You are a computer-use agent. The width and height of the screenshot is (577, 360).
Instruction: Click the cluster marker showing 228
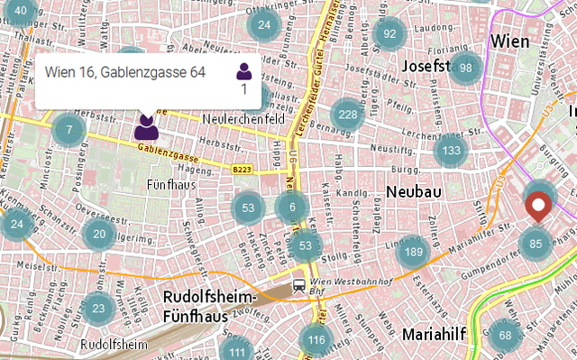(x=347, y=115)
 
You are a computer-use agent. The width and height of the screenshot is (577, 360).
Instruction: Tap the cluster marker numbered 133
(x=451, y=150)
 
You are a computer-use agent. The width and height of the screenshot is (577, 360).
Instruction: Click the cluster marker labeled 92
(x=389, y=34)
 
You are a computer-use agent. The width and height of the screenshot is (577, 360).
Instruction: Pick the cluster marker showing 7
(x=69, y=131)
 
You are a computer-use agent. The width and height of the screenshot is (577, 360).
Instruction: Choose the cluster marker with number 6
(x=291, y=208)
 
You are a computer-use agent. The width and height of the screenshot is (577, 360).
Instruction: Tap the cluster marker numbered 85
(x=536, y=243)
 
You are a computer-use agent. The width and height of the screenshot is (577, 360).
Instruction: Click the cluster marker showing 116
(x=316, y=340)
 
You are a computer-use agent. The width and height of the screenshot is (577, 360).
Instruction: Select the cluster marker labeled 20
(x=99, y=234)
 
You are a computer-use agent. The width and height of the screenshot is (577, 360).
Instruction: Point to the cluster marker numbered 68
(x=505, y=336)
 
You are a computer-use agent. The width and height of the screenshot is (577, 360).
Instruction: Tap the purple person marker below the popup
(x=147, y=126)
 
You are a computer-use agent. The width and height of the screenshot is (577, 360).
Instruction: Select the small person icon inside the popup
(x=243, y=71)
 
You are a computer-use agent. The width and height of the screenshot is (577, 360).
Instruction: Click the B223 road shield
(x=241, y=169)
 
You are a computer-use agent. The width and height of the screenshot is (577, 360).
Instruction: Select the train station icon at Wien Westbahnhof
(x=298, y=286)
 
